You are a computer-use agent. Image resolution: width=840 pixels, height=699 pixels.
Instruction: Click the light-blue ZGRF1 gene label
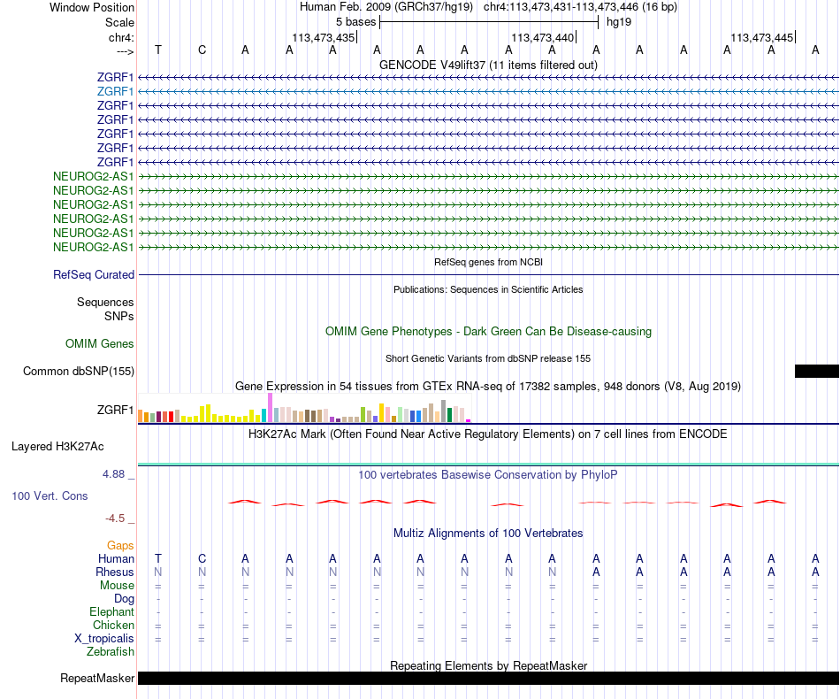pyautogui.click(x=116, y=91)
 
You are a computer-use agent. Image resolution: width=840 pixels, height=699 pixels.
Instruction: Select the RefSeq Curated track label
pyautogui.click(x=94, y=275)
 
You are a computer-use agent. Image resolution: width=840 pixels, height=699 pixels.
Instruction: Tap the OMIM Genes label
pyautogui.click(x=100, y=343)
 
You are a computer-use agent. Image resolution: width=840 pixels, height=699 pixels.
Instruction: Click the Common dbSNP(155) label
pyautogui.click(x=79, y=372)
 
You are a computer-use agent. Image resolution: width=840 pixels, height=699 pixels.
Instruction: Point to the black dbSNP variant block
pyautogui.click(x=816, y=372)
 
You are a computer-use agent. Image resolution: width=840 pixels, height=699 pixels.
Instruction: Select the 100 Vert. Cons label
pyautogui.click(x=50, y=496)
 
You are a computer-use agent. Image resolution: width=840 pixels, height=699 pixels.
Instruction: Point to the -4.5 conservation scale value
pyautogui.click(x=116, y=518)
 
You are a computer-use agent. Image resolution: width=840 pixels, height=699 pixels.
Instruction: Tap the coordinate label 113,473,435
pyautogui.click(x=324, y=38)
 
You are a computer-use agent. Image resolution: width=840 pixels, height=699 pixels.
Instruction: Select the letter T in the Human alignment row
pyautogui.click(x=158, y=558)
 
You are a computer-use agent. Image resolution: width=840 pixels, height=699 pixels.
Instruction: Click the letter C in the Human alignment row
pyautogui.click(x=202, y=558)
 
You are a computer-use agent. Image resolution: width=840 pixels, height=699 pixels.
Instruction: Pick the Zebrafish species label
pyautogui.click(x=111, y=652)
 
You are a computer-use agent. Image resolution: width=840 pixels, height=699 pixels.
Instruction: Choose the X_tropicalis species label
pyautogui.click(x=104, y=639)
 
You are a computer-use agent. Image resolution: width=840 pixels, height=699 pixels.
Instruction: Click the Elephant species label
pyautogui.click(x=111, y=611)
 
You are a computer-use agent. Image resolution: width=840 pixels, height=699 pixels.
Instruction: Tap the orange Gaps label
pyautogui.click(x=120, y=546)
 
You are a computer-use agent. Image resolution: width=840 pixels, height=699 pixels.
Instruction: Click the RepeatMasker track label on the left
pyautogui.click(x=97, y=679)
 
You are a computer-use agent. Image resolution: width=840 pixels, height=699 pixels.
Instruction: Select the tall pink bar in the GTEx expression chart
pyautogui.click(x=270, y=408)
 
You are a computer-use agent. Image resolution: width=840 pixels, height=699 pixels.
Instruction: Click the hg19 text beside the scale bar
pyautogui.click(x=618, y=21)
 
